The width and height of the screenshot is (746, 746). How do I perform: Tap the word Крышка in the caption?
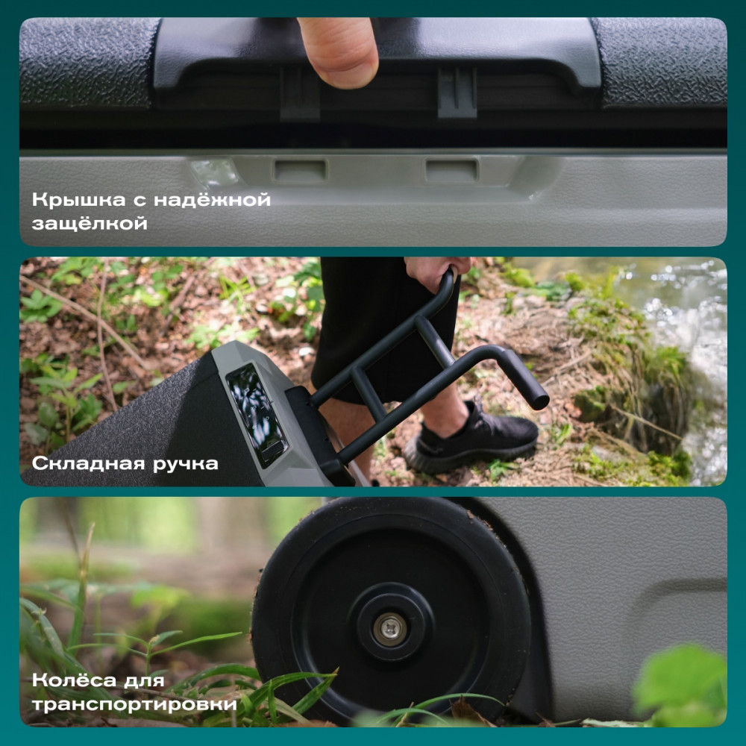79,200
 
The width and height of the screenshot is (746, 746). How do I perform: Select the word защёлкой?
90,224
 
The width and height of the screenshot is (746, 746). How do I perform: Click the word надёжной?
212,200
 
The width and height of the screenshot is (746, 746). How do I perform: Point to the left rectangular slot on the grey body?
300,170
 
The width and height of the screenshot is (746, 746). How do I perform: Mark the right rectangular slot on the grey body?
451,170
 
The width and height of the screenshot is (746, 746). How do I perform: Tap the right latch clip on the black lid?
457,92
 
